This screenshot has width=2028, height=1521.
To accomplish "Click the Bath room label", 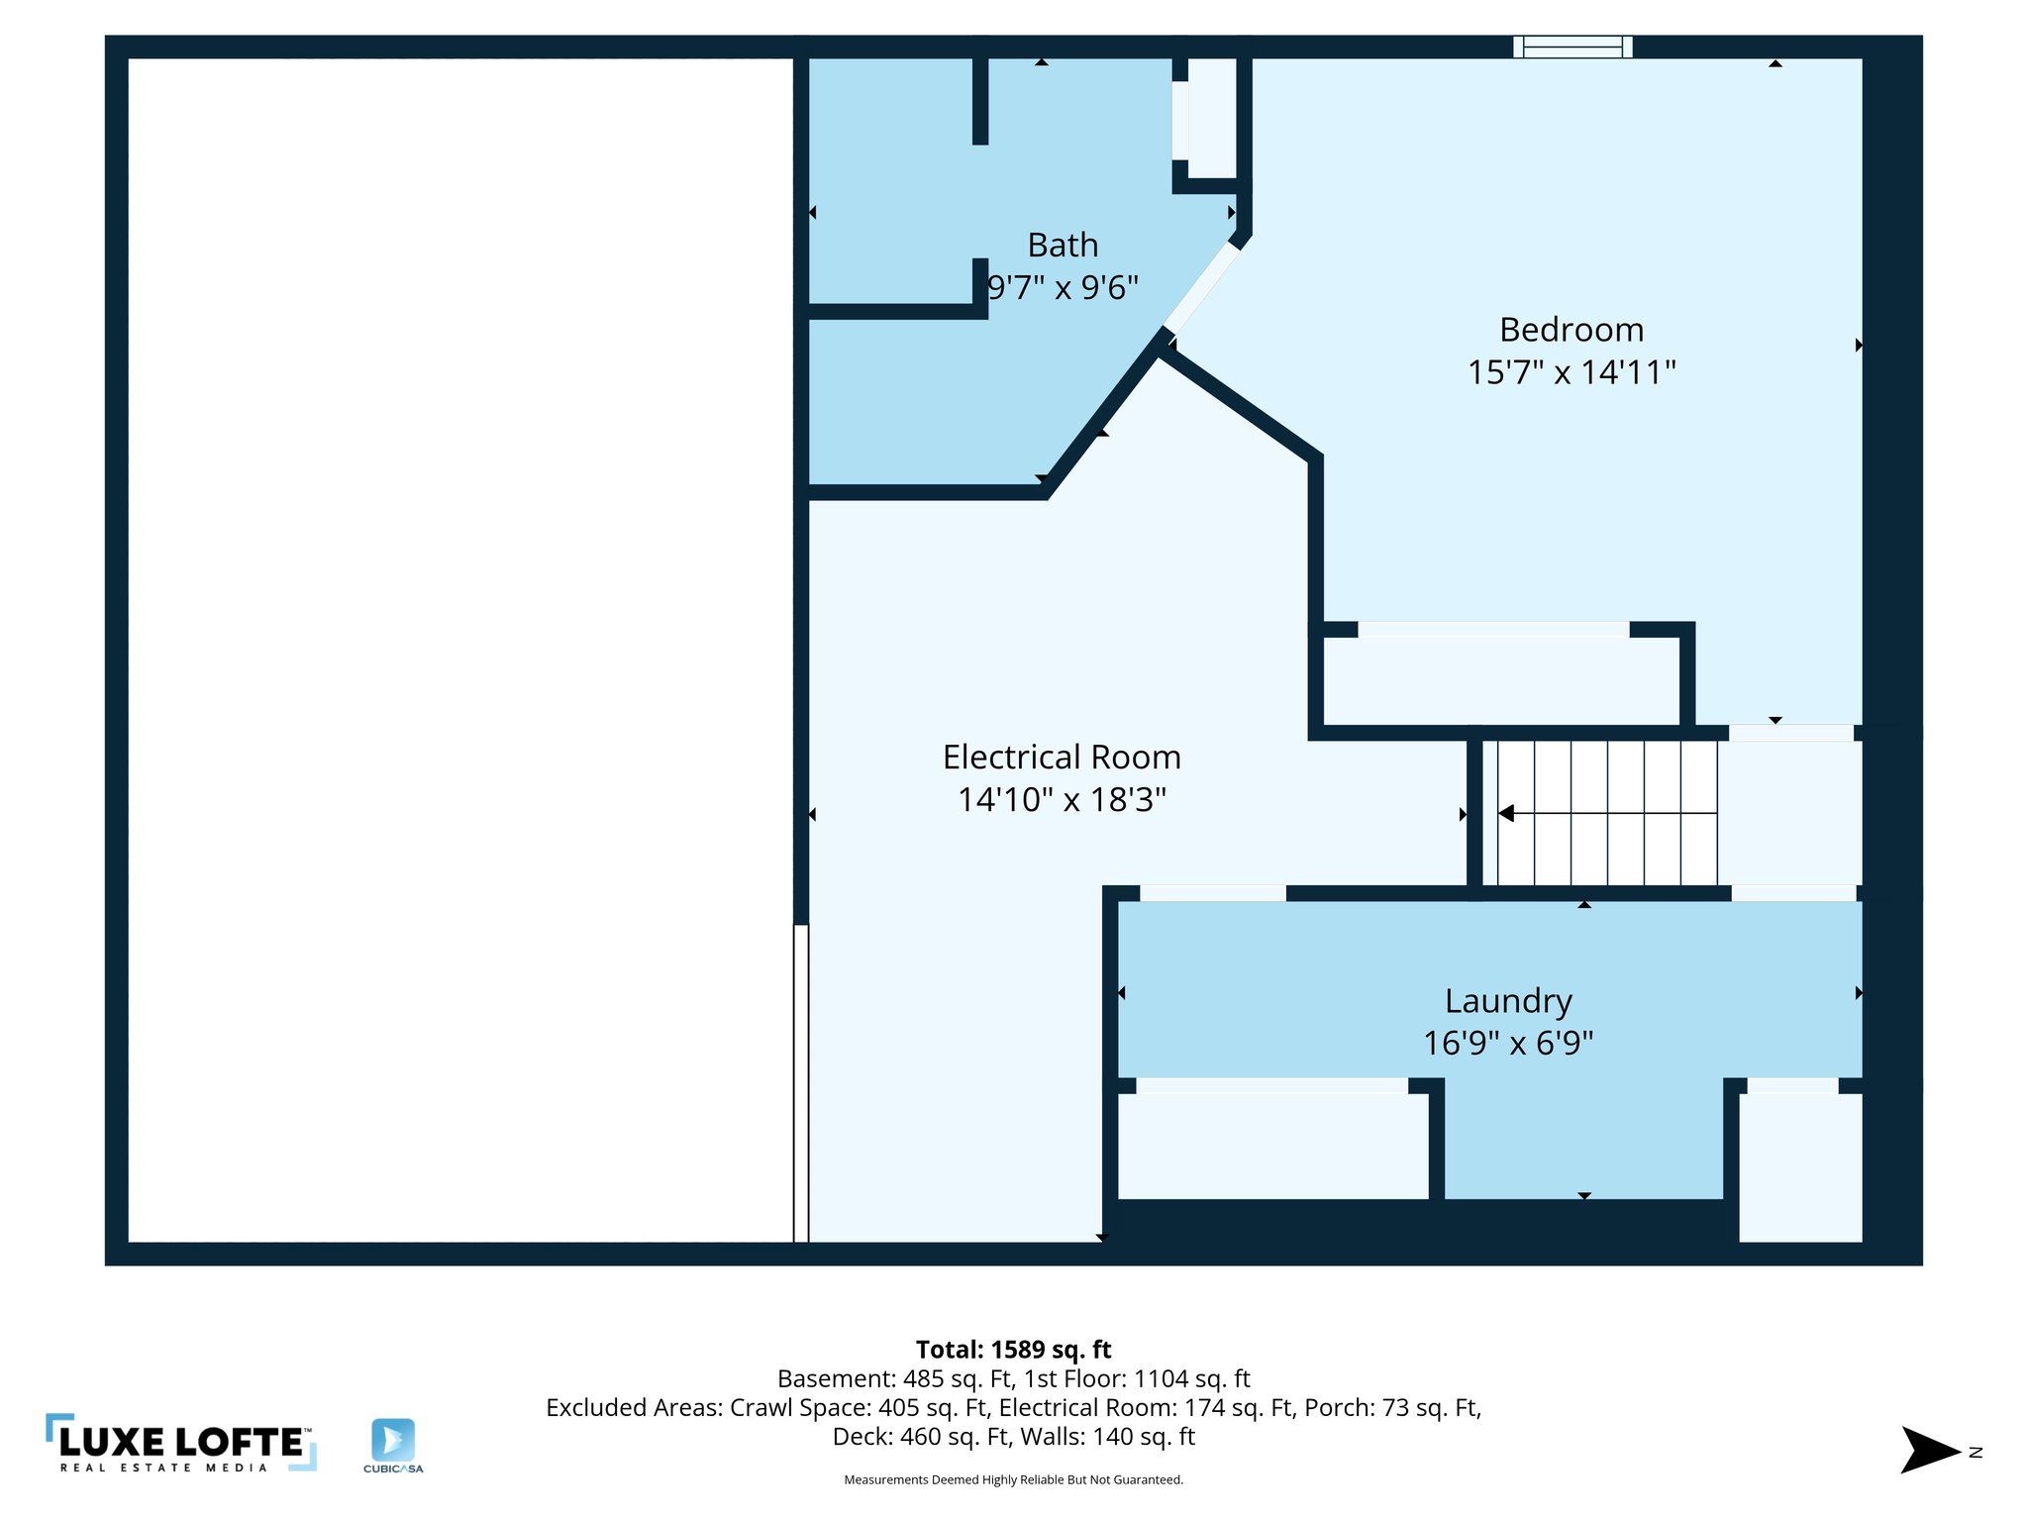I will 1063,245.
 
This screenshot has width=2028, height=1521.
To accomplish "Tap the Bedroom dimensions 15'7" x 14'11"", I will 1571,372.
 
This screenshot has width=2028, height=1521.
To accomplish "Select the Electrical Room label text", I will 1062,757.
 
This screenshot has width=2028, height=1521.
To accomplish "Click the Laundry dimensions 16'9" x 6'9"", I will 1507,1043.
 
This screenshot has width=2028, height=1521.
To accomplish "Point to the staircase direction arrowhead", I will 1506,813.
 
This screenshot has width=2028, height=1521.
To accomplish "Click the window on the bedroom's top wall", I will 1572,47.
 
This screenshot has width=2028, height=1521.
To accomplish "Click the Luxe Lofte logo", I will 181,1443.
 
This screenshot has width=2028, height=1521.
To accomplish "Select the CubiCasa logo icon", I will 393,1441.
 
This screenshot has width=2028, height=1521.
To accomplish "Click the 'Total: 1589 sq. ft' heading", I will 1013,1349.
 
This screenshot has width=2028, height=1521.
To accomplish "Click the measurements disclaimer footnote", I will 1013,1479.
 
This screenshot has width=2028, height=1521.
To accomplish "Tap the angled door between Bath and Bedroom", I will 1201,286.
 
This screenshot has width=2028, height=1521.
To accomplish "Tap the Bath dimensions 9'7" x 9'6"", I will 1063,287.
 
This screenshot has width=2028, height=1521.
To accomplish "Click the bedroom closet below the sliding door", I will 1499,681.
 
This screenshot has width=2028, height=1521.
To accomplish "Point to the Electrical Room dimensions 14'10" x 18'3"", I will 1062,799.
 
